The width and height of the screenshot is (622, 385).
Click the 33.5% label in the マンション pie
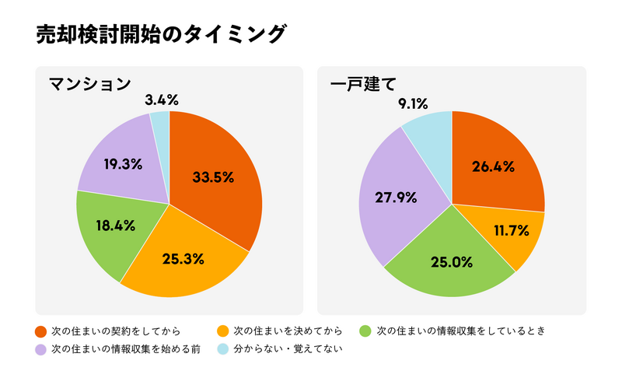click(x=213, y=177)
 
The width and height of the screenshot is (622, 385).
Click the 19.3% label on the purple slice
click(x=121, y=165)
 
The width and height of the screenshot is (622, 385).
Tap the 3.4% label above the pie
click(x=162, y=100)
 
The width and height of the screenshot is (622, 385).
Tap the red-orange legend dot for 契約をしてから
click(x=40, y=331)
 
